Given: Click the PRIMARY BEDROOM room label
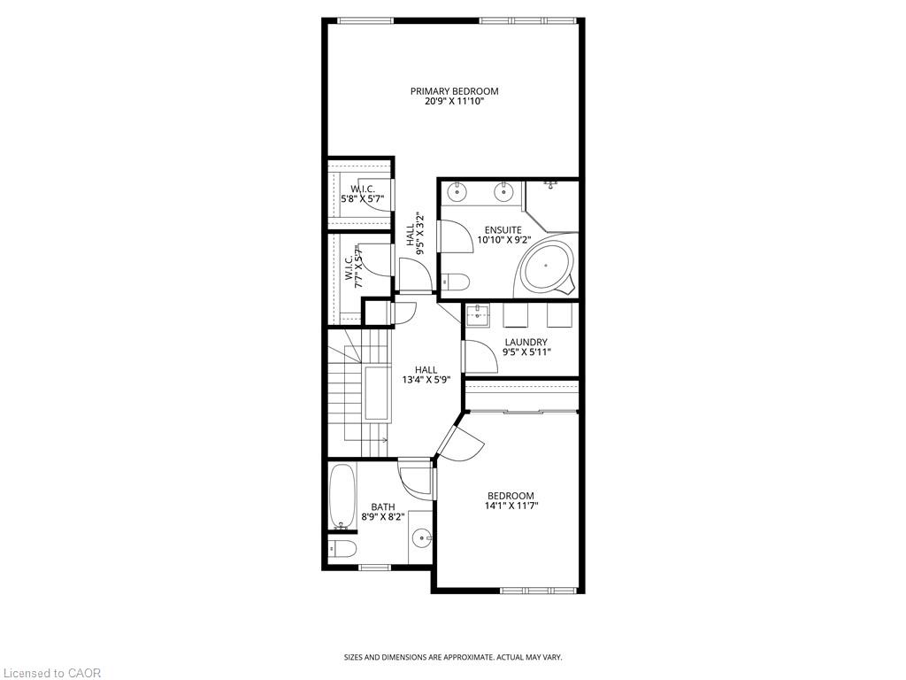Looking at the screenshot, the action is [454, 91].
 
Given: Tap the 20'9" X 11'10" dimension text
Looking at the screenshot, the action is [454, 101].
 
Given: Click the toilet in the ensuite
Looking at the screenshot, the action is [456, 282].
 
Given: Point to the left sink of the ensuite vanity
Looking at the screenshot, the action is [457, 189].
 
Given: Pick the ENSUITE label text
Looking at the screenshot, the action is [503, 230].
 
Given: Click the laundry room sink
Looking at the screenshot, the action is [478, 316].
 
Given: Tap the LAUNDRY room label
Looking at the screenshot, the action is [526, 343].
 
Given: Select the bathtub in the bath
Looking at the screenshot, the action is [342, 497].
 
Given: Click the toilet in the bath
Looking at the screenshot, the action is [342, 546].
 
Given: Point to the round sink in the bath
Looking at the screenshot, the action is [421, 538].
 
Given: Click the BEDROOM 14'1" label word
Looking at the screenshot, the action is [511, 496].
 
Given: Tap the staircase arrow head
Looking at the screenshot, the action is [383, 440].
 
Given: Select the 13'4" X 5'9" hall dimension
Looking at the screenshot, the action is [426, 380].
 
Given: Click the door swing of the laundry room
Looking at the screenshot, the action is [480, 357].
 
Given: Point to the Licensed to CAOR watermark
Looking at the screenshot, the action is [50, 673].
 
